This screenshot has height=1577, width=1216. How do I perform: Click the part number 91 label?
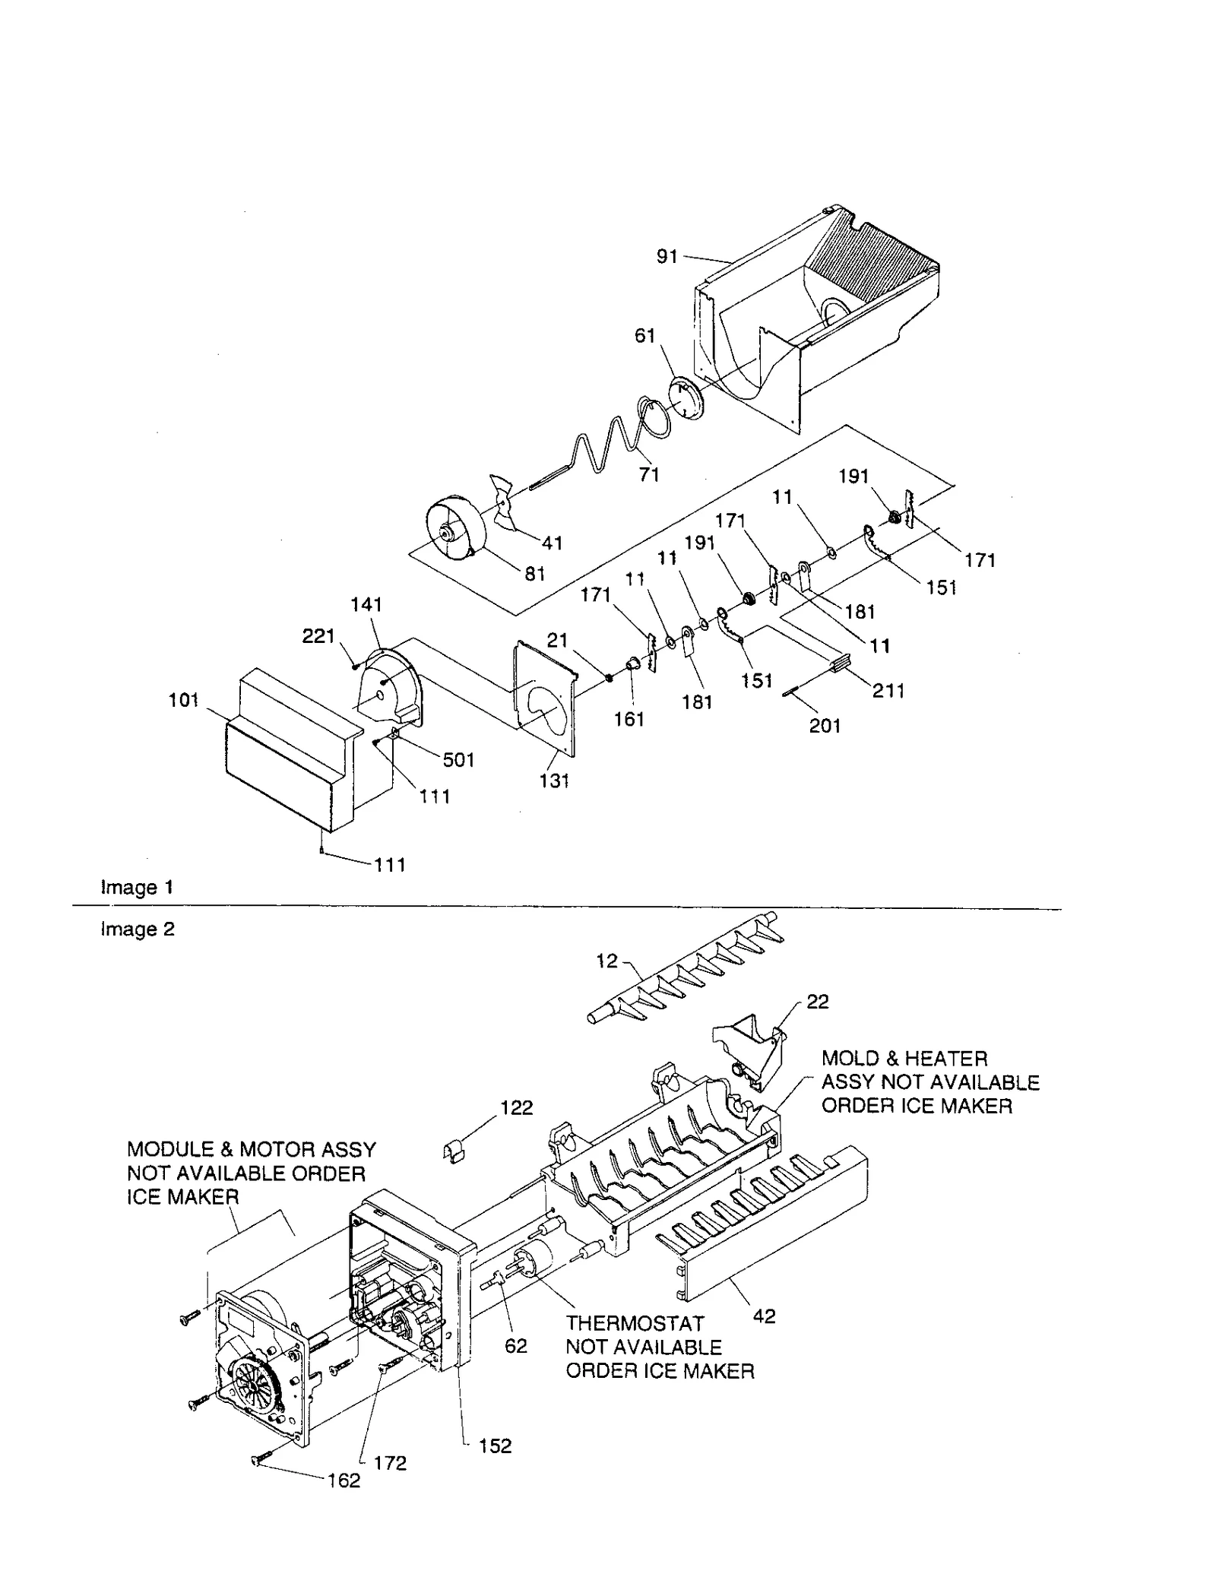click(x=667, y=257)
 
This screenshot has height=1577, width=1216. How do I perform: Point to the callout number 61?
click(x=644, y=336)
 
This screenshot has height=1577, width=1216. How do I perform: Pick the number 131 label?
click(x=554, y=781)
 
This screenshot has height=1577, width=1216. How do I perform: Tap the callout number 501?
click(x=458, y=759)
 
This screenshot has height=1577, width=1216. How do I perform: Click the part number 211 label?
click(x=888, y=691)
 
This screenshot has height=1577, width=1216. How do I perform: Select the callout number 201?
click(x=825, y=726)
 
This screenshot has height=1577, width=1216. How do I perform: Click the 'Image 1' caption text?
click(x=138, y=888)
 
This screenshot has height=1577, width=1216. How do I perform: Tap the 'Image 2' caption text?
click(x=138, y=929)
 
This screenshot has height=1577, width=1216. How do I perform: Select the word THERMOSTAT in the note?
click(x=635, y=1323)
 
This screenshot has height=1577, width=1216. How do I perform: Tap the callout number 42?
click(x=764, y=1316)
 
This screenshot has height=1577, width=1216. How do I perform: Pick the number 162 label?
click(x=344, y=1480)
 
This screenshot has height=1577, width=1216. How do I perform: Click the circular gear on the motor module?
click(x=253, y=1385)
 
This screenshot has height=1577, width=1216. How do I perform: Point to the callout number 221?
click(x=318, y=636)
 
